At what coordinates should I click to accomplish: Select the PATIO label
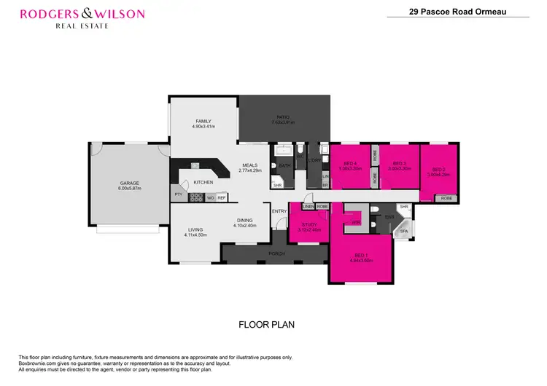(x=283, y=117)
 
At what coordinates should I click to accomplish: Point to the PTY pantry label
(x=177, y=194)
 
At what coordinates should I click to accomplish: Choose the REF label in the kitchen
(x=221, y=197)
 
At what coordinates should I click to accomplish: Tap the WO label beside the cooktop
(x=210, y=197)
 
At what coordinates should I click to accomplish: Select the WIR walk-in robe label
(x=356, y=222)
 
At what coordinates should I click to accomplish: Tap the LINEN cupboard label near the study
(x=309, y=207)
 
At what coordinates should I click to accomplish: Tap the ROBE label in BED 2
(x=446, y=198)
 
